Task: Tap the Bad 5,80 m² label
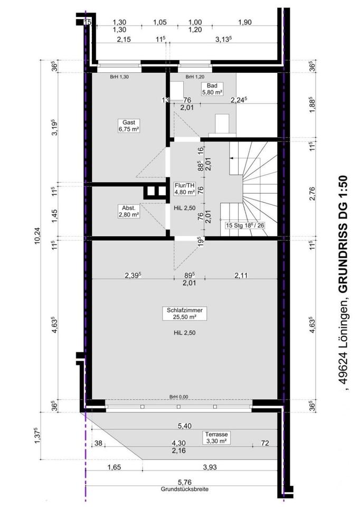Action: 212,89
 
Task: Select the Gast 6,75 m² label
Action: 129,126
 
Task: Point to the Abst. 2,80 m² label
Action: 129,211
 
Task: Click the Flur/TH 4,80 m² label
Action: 185,189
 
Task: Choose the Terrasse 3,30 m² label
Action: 216,437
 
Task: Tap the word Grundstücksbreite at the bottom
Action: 185,490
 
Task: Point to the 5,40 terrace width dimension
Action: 185,426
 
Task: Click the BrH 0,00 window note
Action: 179,397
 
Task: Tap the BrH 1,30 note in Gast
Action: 119,77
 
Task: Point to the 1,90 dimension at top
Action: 244,22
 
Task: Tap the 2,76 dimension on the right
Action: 312,193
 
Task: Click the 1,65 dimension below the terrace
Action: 114,467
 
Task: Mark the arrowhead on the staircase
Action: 231,158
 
